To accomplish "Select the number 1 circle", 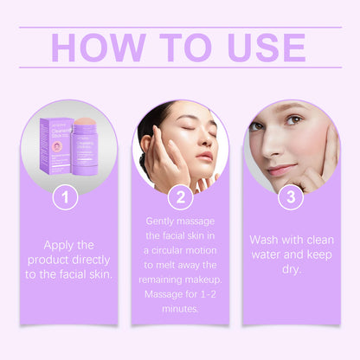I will (x=60, y=197).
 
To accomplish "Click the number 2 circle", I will (x=180, y=197).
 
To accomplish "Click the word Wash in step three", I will (x=267, y=240).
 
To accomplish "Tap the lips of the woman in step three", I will (x=281, y=169).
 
